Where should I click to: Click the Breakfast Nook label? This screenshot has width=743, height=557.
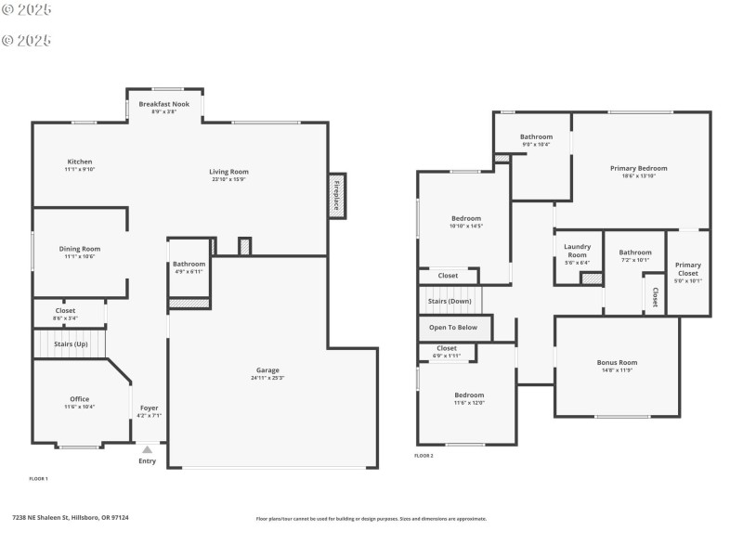[x=164, y=104]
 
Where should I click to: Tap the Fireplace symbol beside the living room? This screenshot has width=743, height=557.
[x=336, y=196]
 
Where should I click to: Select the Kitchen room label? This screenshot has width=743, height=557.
[x=80, y=162]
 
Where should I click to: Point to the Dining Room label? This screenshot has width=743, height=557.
[x=80, y=249]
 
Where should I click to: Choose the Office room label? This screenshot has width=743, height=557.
[x=80, y=399]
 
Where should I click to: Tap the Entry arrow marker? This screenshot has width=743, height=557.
[x=147, y=449]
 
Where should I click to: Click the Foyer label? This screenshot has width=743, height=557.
[x=149, y=408]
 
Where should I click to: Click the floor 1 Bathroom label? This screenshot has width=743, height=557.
[x=189, y=264]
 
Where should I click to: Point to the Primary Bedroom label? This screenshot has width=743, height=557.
[x=638, y=168]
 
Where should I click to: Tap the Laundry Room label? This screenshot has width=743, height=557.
[x=577, y=251]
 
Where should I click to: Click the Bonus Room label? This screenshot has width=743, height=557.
[x=617, y=362]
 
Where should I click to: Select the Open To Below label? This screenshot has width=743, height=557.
[x=453, y=327]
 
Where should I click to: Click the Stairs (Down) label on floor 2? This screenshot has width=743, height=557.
[x=450, y=301]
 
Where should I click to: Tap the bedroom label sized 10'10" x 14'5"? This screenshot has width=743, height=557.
[x=465, y=218]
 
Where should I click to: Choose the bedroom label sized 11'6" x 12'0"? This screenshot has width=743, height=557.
[x=469, y=395]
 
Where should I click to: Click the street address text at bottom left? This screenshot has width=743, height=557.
[x=70, y=518]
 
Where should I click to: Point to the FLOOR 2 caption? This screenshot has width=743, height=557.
[x=424, y=456]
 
